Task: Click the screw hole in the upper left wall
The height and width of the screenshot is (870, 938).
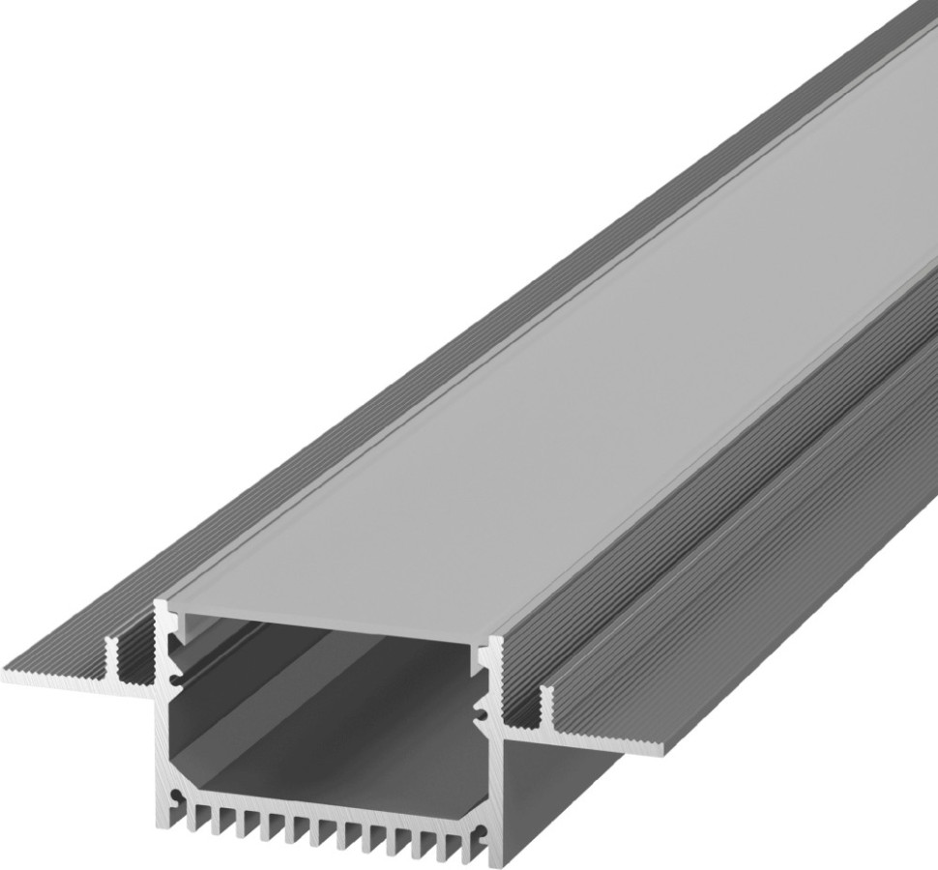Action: (175, 680)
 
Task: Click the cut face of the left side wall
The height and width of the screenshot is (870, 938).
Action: (162, 735)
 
